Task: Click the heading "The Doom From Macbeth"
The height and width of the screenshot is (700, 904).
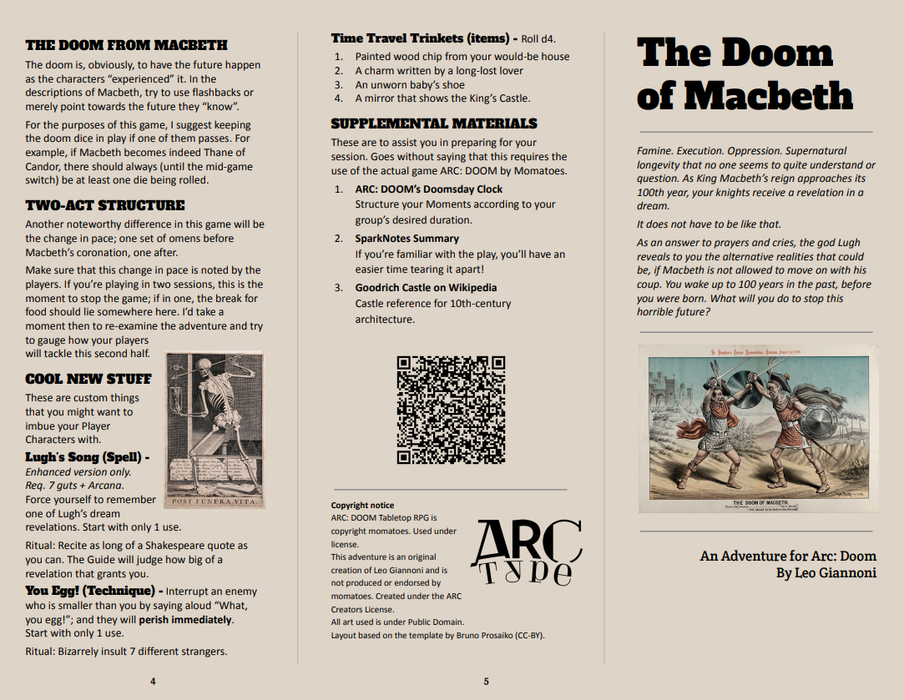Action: pyautogui.click(x=126, y=45)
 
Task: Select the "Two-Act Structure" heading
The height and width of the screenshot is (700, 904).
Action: pyautogui.click(x=105, y=205)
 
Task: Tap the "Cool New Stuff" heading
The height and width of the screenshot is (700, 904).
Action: pyautogui.click(x=88, y=379)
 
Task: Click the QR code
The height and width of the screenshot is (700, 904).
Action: pyautogui.click(x=451, y=410)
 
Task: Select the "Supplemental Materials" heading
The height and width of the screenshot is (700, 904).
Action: pyautogui.click(x=434, y=123)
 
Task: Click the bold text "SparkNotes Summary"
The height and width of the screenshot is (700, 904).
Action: pyautogui.click(x=407, y=239)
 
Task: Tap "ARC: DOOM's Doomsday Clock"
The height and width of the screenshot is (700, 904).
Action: pyautogui.click(x=429, y=189)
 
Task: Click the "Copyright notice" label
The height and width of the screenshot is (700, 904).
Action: pyautogui.click(x=362, y=506)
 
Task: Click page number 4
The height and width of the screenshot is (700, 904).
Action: pyautogui.click(x=153, y=682)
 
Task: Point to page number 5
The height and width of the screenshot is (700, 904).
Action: pyautogui.click(x=486, y=682)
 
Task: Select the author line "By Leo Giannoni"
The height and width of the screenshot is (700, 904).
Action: pyautogui.click(x=826, y=573)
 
